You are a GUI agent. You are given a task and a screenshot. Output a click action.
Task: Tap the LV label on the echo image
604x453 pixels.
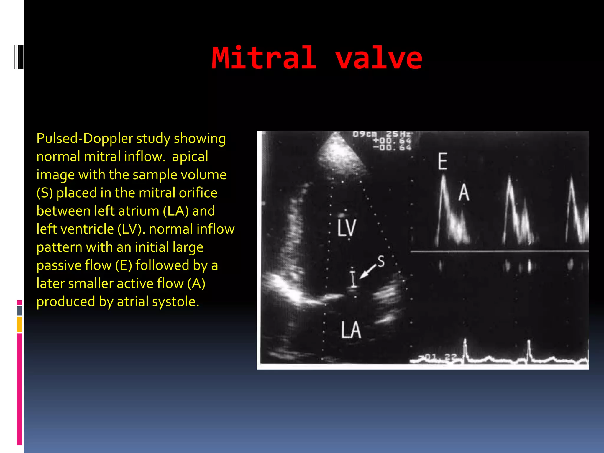pyautogui.click(x=347, y=228)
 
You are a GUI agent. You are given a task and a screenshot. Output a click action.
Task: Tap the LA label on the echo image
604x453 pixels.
pyautogui.click(x=351, y=330)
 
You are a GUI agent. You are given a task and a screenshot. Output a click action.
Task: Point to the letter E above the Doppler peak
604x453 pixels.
pyautogui.click(x=442, y=161)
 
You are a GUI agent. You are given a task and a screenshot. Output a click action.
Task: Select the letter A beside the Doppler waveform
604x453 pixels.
pyautogui.click(x=464, y=193)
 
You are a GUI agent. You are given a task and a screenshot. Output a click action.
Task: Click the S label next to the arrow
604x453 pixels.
pyautogui.click(x=381, y=261)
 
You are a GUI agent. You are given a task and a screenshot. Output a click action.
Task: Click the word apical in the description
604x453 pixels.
pyautogui.click(x=190, y=157)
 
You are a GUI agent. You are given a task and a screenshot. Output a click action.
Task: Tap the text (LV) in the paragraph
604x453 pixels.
pyautogui.click(x=131, y=229)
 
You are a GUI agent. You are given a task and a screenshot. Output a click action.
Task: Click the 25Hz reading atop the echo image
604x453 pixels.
pyautogui.click(x=398, y=134)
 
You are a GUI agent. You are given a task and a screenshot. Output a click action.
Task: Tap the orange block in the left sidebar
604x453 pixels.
pyautogui.click(x=19, y=324)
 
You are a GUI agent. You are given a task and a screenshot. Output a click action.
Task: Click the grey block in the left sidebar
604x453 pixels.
pyautogui.click(x=19, y=311)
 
